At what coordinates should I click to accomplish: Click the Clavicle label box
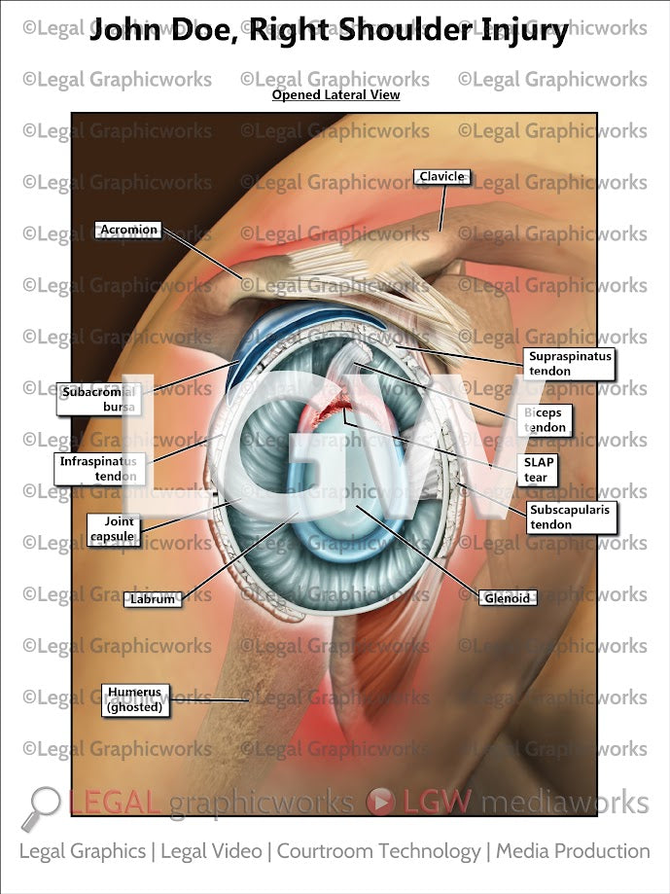point(442,177)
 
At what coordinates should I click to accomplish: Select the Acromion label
point(126,230)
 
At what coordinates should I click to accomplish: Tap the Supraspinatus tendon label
point(570,364)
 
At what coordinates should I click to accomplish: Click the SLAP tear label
point(537,470)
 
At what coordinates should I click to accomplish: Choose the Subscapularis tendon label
point(571,517)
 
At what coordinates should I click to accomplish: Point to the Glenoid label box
point(507,598)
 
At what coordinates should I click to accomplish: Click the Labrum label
point(153,599)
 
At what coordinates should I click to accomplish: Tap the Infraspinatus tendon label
point(101,468)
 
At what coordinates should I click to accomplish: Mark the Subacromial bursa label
point(97,399)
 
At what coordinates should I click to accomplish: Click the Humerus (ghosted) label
point(135,699)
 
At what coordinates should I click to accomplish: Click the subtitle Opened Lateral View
point(335,95)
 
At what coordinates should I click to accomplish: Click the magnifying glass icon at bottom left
point(42,806)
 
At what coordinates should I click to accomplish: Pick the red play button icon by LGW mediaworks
point(379,804)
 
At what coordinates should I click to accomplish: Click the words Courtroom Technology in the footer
point(378,851)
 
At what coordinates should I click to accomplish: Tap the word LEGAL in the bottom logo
point(115,804)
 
